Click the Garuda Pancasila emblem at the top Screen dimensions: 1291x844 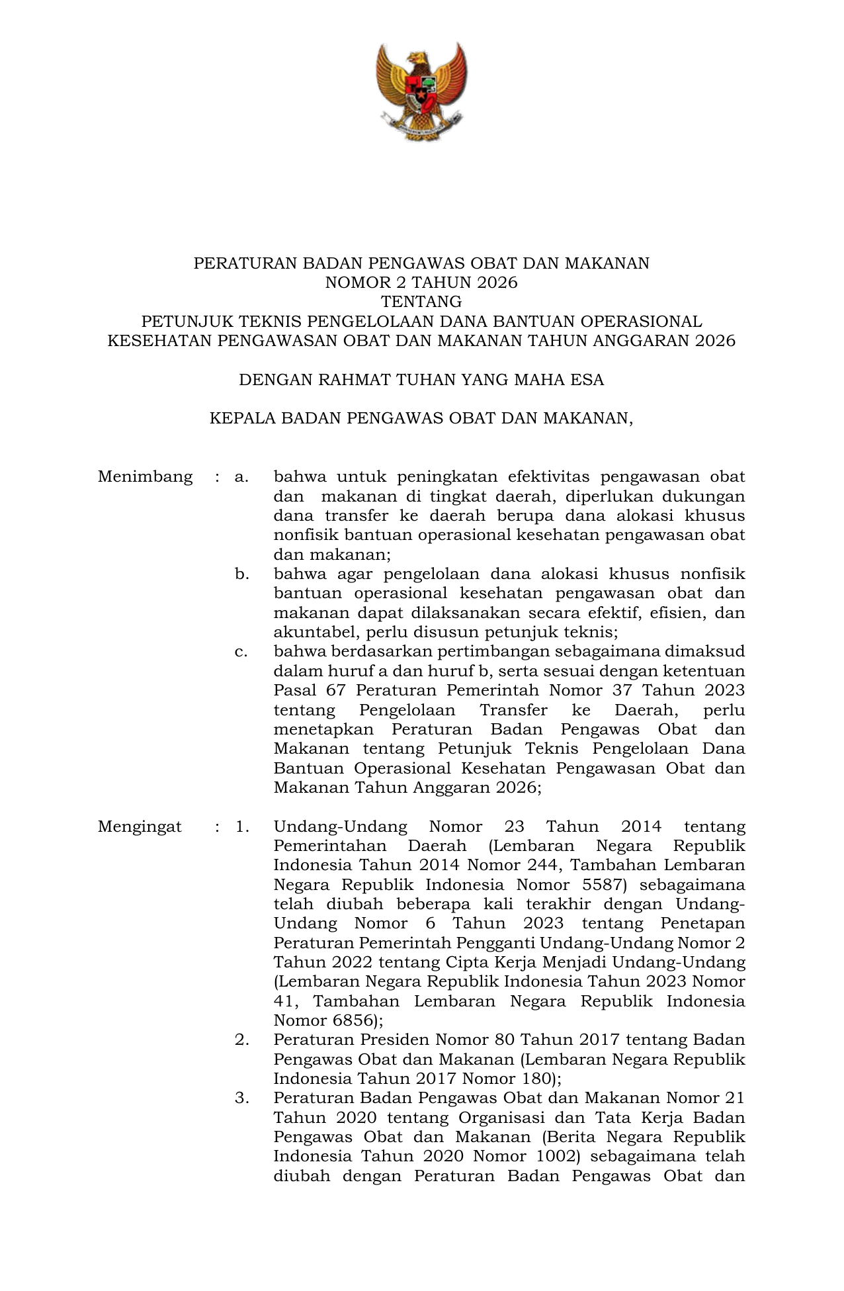coord(421,91)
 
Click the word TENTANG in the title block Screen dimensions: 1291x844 coord(421,302)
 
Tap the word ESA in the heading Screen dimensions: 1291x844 coord(588,380)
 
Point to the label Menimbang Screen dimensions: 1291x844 coord(145,476)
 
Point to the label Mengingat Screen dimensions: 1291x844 coord(140,826)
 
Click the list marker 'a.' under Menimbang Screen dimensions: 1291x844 coord(241,476)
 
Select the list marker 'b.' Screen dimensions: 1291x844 coord(241,574)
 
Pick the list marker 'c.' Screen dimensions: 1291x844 coord(241,652)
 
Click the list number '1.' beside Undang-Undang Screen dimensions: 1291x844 coord(241,826)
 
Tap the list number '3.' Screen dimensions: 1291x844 coord(241,1098)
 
